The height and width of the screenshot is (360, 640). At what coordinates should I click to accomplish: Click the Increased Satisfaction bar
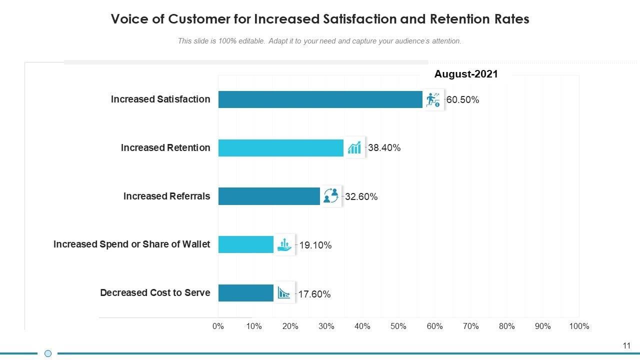320,99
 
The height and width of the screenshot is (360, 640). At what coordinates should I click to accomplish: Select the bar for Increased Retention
280,148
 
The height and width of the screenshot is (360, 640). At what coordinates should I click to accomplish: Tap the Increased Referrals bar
268,196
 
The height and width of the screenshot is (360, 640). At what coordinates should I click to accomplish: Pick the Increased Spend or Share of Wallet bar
245,244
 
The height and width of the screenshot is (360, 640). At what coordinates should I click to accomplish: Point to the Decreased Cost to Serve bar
245,293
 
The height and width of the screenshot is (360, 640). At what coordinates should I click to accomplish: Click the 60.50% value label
462,100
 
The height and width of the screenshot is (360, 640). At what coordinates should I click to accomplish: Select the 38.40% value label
384,148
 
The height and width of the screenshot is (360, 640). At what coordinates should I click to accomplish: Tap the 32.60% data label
361,197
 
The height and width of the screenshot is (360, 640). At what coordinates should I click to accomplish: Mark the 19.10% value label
315,245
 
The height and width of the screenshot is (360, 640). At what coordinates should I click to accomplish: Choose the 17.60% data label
314,294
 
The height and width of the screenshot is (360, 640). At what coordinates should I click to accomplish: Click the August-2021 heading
466,74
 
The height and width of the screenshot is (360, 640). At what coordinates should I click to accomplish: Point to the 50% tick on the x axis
398,326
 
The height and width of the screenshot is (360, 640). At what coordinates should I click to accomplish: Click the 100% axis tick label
579,326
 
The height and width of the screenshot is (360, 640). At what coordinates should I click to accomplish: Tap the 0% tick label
218,326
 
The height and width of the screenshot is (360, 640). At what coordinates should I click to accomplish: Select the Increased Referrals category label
166,196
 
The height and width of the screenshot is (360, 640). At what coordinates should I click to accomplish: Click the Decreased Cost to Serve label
155,292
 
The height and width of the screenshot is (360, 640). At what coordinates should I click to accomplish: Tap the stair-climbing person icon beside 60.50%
433,99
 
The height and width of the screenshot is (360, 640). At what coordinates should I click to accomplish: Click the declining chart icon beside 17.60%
284,293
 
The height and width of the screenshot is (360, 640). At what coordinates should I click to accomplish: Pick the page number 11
626,345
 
